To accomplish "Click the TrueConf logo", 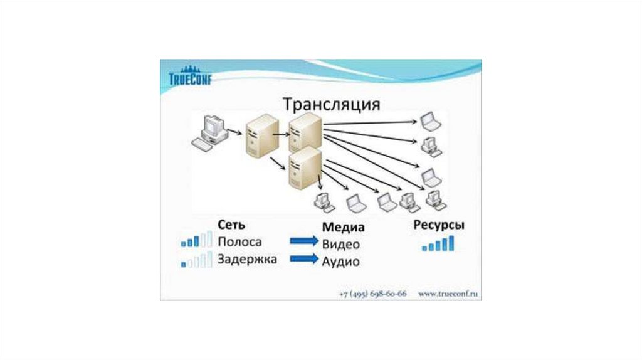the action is click(191, 77).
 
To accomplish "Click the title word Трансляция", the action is click(332, 103).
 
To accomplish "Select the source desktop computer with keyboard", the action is click(209, 132).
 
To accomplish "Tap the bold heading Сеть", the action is click(231, 225).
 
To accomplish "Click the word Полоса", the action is click(240, 241).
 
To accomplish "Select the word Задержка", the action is click(247, 258).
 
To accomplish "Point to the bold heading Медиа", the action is click(343, 227).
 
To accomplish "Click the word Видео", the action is click(341, 244).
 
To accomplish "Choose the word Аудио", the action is click(341, 261).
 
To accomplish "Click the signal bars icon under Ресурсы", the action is click(438, 245).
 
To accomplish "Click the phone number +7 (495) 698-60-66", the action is click(372, 293).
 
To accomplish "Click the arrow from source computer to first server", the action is click(234, 132).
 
